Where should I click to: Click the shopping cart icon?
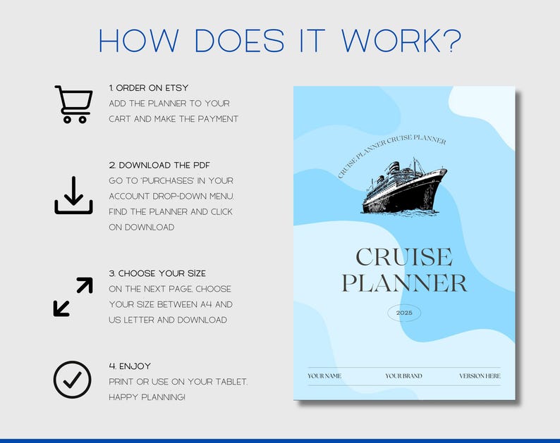point(73,104)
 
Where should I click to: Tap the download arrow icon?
point(73,195)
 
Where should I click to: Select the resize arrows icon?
point(73,297)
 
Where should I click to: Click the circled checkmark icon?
point(73,380)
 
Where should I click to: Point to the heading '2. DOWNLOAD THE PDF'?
point(159,166)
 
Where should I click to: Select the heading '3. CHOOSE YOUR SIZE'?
point(157,273)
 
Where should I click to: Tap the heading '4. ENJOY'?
point(130,366)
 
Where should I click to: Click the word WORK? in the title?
point(401,41)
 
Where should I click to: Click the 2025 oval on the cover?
point(404,312)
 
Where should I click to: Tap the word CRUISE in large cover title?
point(404,257)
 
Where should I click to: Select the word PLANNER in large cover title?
point(404,283)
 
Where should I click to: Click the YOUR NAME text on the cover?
point(324,376)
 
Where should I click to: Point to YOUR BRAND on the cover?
point(403,376)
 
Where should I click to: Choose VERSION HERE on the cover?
point(480,376)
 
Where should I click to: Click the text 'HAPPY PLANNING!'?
point(147,397)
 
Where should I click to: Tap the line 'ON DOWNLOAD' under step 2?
point(141,227)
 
